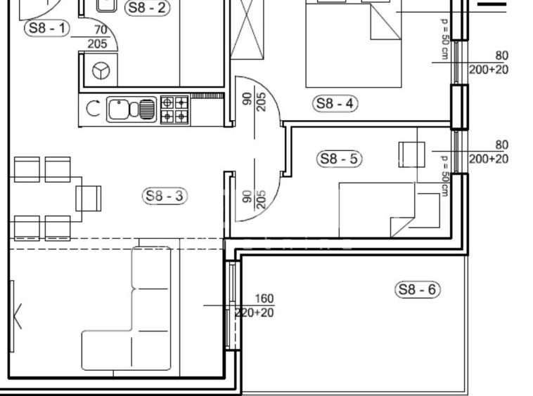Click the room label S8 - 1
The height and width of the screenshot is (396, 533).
click(47, 28)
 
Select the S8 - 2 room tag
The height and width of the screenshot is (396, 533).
click(147, 8)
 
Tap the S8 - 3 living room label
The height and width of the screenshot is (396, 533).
click(165, 196)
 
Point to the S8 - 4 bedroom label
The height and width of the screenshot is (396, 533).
click(335, 103)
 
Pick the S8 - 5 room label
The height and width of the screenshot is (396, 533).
click(339, 159)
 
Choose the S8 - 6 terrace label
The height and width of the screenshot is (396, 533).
click(418, 289)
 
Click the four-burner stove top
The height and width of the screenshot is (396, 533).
click(174, 110)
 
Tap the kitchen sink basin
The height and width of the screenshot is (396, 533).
click(119, 110)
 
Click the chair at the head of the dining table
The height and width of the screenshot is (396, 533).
click(89, 199)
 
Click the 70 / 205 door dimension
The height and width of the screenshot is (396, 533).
click(98, 37)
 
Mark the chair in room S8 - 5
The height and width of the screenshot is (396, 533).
click(411, 154)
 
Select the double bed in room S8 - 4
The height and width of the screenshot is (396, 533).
click(354, 44)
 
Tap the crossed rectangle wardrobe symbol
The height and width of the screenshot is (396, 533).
click(247, 29)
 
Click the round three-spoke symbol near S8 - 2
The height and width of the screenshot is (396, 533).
click(101, 71)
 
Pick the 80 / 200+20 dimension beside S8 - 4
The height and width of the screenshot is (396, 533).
click(489, 62)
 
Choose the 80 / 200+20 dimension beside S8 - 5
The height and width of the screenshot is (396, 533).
click(489, 152)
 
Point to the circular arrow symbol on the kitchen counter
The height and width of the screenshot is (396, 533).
click(93, 109)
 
